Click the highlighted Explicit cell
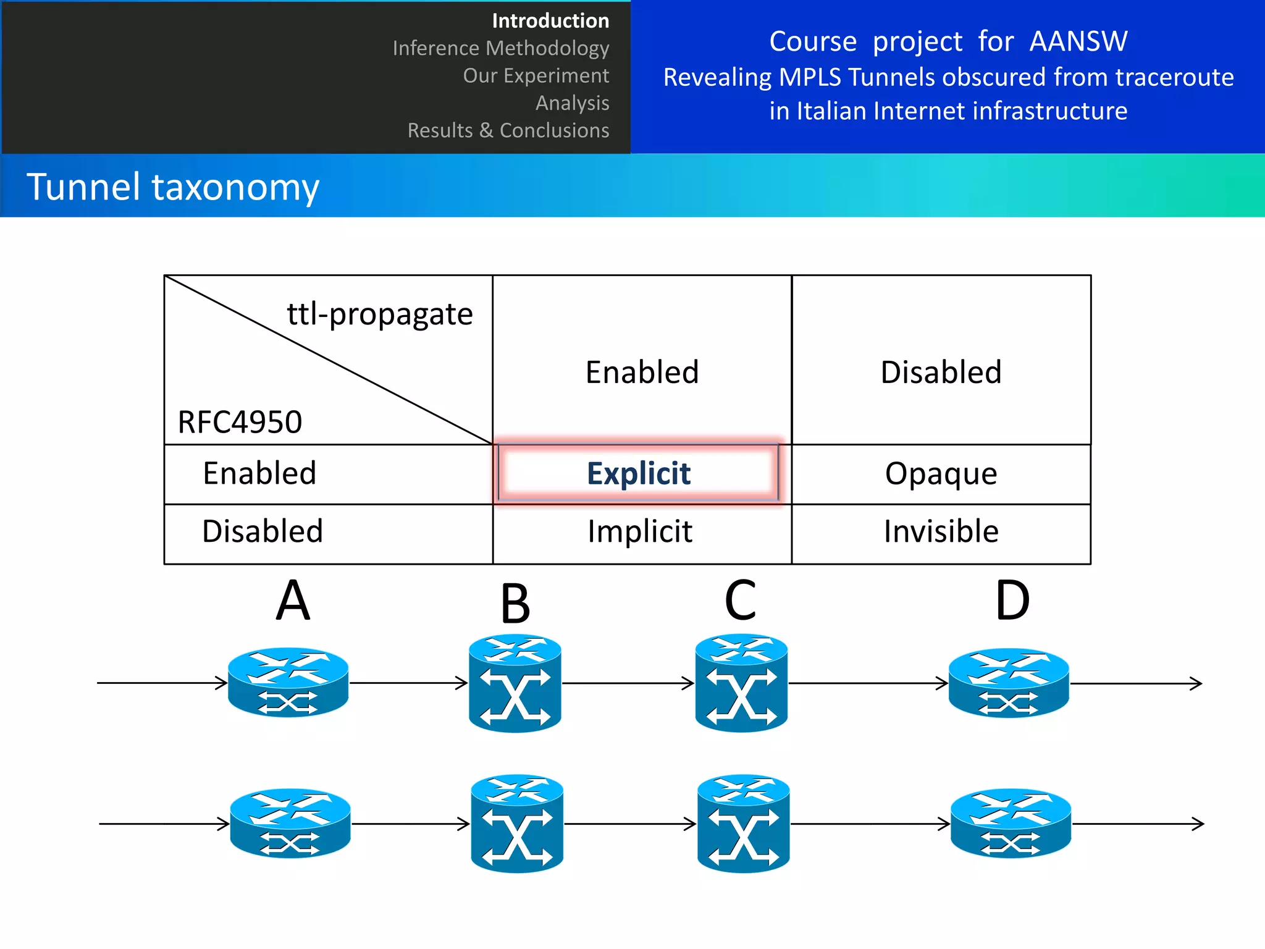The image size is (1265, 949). pyautogui.click(x=638, y=473)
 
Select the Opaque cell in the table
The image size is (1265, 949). pyautogui.click(x=941, y=474)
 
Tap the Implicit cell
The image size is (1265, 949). pyautogui.click(x=640, y=532)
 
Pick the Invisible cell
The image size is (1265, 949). pyautogui.click(x=941, y=532)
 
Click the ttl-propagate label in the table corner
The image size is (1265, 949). pyautogui.click(x=380, y=314)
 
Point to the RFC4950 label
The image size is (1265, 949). pyautogui.click(x=240, y=423)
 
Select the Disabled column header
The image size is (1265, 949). pyautogui.click(x=941, y=373)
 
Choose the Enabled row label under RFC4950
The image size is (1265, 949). pyautogui.click(x=259, y=474)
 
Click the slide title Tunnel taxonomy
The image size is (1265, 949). pyautogui.click(x=173, y=187)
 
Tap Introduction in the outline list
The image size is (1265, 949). pyautogui.click(x=550, y=21)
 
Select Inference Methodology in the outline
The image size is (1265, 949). pyautogui.click(x=500, y=48)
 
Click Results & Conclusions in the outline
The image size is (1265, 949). pyautogui.click(x=508, y=130)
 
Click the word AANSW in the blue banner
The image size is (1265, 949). pyautogui.click(x=1078, y=42)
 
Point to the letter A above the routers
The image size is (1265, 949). pyautogui.click(x=293, y=601)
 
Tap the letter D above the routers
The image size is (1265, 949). pyautogui.click(x=1012, y=601)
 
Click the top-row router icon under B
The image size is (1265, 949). pyautogui.click(x=515, y=683)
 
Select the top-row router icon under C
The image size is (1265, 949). pyautogui.click(x=741, y=683)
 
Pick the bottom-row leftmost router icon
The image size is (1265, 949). pyautogui.click(x=290, y=823)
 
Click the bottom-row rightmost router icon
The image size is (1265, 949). pyautogui.click(x=1011, y=823)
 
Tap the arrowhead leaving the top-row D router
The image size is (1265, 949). pyautogui.click(x=1196, y=683)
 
